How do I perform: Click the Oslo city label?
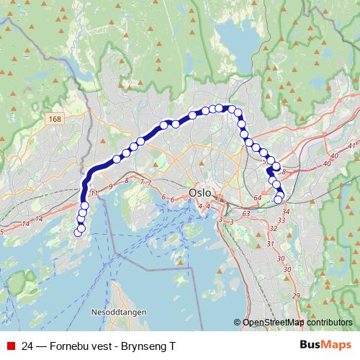coord(200,194)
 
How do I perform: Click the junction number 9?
coord(111,186)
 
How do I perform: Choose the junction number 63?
coord(246,213)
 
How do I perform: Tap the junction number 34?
coord(287,212)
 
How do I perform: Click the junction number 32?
coord(272,228)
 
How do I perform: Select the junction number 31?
coord(270,244)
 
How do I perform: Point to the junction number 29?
coord(296,296)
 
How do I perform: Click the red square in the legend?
coord(11,346)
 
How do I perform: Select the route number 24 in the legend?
coord(27,346)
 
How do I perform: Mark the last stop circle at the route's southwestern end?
coord(79,230)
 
